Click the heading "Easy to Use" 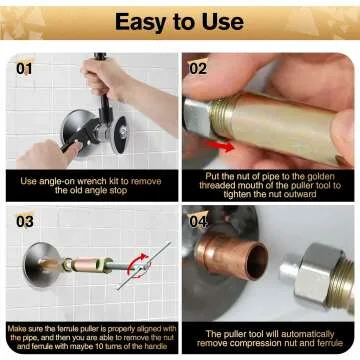point(180,22)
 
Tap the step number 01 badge point(25,69)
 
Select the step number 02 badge point(197,69)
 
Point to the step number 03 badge point(25,219)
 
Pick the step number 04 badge point(197,219)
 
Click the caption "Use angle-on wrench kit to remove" point(90,181)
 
